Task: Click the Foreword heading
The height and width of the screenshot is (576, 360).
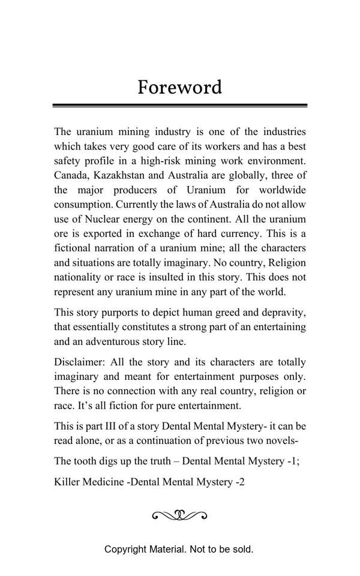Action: click(179, 88)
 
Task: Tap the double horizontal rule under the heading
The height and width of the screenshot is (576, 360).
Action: click(179, 106)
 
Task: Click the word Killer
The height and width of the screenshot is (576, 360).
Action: click(66, 482)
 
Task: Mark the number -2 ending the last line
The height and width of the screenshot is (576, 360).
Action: click(239, 482)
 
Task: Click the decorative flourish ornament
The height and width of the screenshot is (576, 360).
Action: click(179, 515)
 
